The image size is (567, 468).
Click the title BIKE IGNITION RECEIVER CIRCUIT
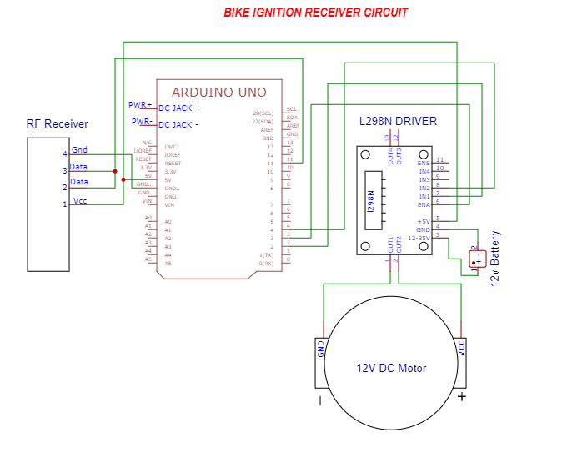[x=316, y=13]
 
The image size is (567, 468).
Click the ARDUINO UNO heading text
[x=219, y=93]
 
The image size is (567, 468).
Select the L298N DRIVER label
[x=398, y=121]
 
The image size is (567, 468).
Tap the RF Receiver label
[x=57, y=124]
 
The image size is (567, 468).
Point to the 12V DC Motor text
[x=391, y=368]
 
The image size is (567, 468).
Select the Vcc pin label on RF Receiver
[x=80, y=201]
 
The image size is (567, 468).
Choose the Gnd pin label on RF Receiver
[x=80, y=150]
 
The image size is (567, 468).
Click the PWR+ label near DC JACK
[x=140, y=105]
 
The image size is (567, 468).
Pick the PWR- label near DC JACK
[x=141, y=122]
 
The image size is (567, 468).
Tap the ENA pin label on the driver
[x=424, y=204]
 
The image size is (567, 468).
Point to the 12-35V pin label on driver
[x=419, y=238]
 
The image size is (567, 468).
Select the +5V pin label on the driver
[x=423, y=221]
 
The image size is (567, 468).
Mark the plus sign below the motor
[x=461, y=397]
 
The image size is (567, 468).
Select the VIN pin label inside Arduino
[x=169, y=204]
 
